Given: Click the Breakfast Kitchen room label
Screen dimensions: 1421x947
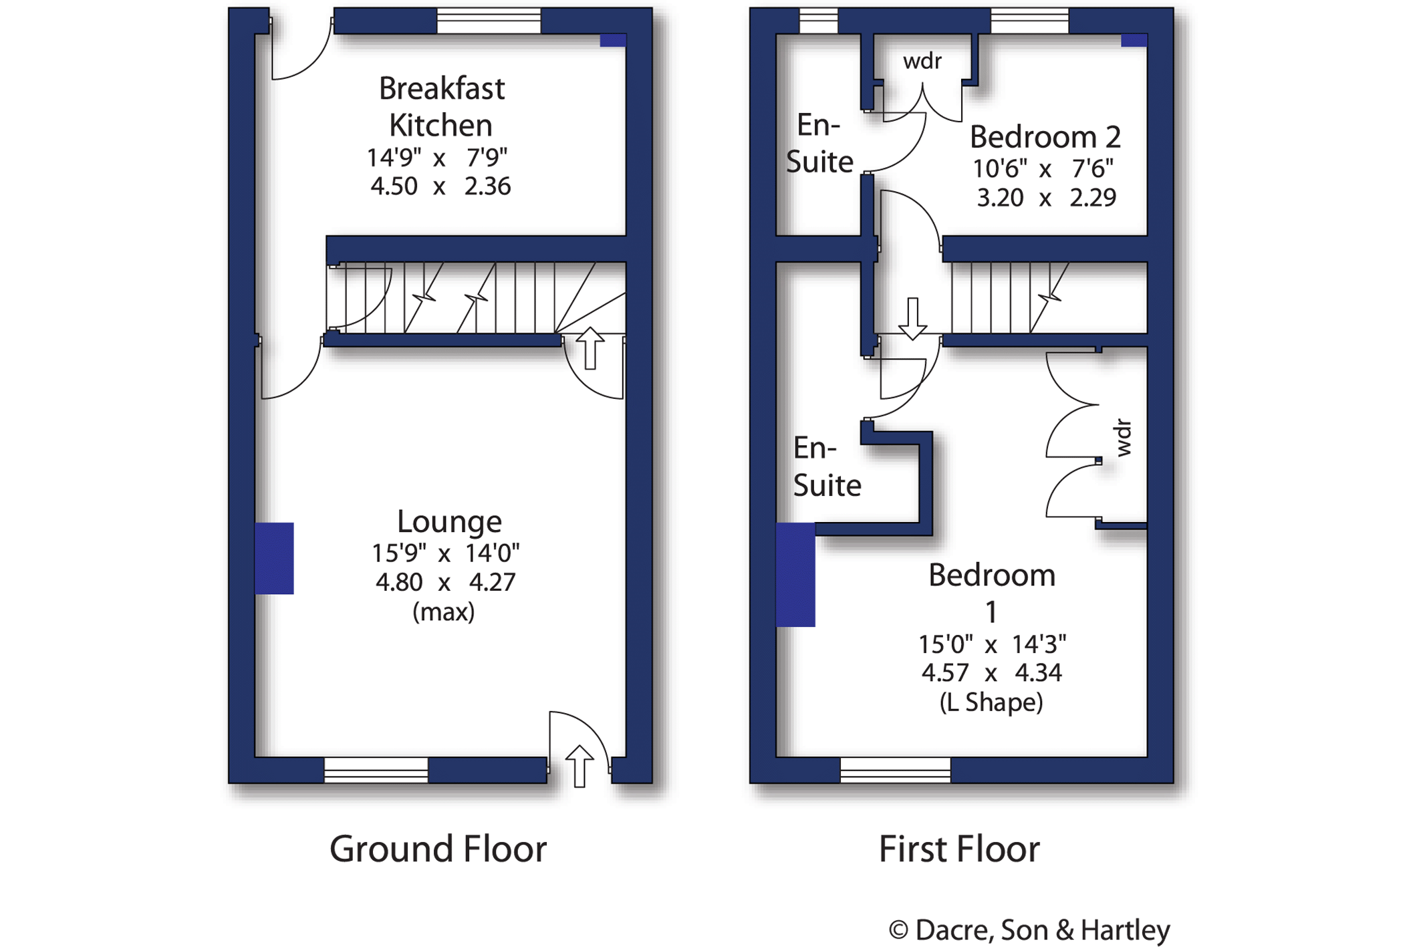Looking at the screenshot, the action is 442,107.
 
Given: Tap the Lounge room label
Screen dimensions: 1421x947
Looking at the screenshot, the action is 449,522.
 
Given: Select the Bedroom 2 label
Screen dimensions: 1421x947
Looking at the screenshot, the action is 1045,138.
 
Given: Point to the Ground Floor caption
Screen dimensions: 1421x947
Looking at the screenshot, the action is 438,849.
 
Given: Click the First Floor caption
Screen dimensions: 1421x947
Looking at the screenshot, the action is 959,849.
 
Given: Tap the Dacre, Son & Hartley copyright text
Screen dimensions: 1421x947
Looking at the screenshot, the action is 1029,930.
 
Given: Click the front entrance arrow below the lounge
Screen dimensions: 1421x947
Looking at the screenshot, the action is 579,766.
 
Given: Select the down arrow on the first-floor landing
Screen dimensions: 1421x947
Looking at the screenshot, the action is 912,319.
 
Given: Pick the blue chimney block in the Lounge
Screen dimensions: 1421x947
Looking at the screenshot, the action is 274,559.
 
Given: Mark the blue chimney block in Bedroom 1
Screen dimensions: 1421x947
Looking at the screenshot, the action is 795,575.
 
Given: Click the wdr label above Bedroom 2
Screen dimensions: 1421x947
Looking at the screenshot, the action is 922,61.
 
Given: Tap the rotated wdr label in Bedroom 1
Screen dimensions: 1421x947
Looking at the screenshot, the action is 1124,438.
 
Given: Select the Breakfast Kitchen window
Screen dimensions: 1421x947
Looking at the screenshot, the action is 489,21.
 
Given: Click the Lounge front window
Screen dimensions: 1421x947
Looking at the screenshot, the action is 376,770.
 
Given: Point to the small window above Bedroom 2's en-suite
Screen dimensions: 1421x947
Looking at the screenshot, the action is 819,21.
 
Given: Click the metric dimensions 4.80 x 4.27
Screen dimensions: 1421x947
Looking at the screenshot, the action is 445,582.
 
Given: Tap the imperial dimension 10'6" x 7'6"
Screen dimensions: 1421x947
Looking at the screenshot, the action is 1043,168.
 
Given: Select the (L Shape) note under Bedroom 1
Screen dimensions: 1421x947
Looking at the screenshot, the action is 991,702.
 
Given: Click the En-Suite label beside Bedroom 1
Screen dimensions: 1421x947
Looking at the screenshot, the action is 827,466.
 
